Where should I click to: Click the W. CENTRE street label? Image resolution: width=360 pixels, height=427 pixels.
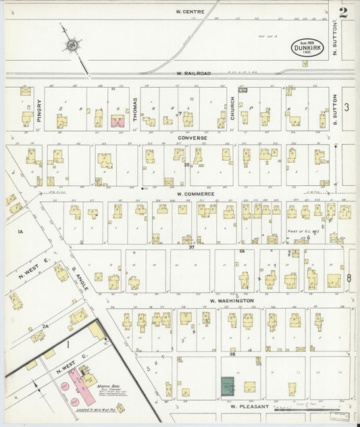click(190, 11)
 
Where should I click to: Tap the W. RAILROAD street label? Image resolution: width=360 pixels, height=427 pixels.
click(194, 73)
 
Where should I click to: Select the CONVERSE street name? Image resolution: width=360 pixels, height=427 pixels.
click(192, 138)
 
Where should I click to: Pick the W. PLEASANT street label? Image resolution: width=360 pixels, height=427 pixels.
click(250, 407)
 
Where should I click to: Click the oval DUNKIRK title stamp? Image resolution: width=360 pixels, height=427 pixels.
click(308, 47)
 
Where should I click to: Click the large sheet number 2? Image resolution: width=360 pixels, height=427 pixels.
click(344, 12)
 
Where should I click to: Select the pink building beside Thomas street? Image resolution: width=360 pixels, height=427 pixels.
click(118, 122)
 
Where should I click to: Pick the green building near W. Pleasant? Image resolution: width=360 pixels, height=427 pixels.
click(229, 386)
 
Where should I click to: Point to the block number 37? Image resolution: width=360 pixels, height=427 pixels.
click(191, 247)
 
